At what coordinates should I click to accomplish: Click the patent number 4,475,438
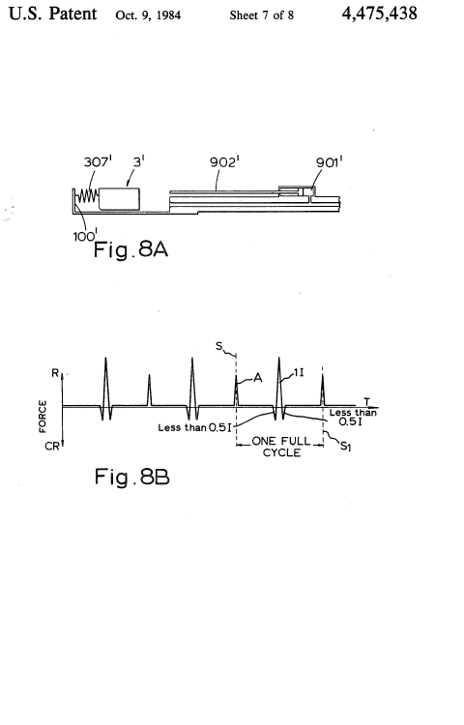coord(380,14)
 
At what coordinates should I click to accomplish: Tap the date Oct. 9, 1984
coord(148,15)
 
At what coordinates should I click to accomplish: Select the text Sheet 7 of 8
coord(262,15)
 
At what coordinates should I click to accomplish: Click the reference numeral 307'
coord(98,161)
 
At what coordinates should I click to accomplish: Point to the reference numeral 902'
coord(224,161)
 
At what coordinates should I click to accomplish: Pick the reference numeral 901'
coord(329,162)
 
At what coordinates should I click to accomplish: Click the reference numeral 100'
coord(84,236)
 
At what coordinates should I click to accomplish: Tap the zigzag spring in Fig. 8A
coord(87,196)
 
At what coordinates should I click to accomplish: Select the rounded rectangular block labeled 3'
coord(119,199)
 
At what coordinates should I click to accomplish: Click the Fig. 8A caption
coord(130,249)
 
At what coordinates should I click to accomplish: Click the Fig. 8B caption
coord(132,477)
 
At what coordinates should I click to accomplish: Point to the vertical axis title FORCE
coord(43,416)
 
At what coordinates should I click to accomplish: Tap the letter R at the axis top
coord(55,373)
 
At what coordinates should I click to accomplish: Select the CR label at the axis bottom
coord(52,447)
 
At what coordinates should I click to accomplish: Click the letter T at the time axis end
coord(367,402)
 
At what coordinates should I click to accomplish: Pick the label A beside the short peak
coord(258,378)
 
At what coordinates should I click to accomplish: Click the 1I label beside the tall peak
coord(299,372)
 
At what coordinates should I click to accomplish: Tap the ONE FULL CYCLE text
coord(281,447)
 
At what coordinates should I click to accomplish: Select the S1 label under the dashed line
coord(346,447)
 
